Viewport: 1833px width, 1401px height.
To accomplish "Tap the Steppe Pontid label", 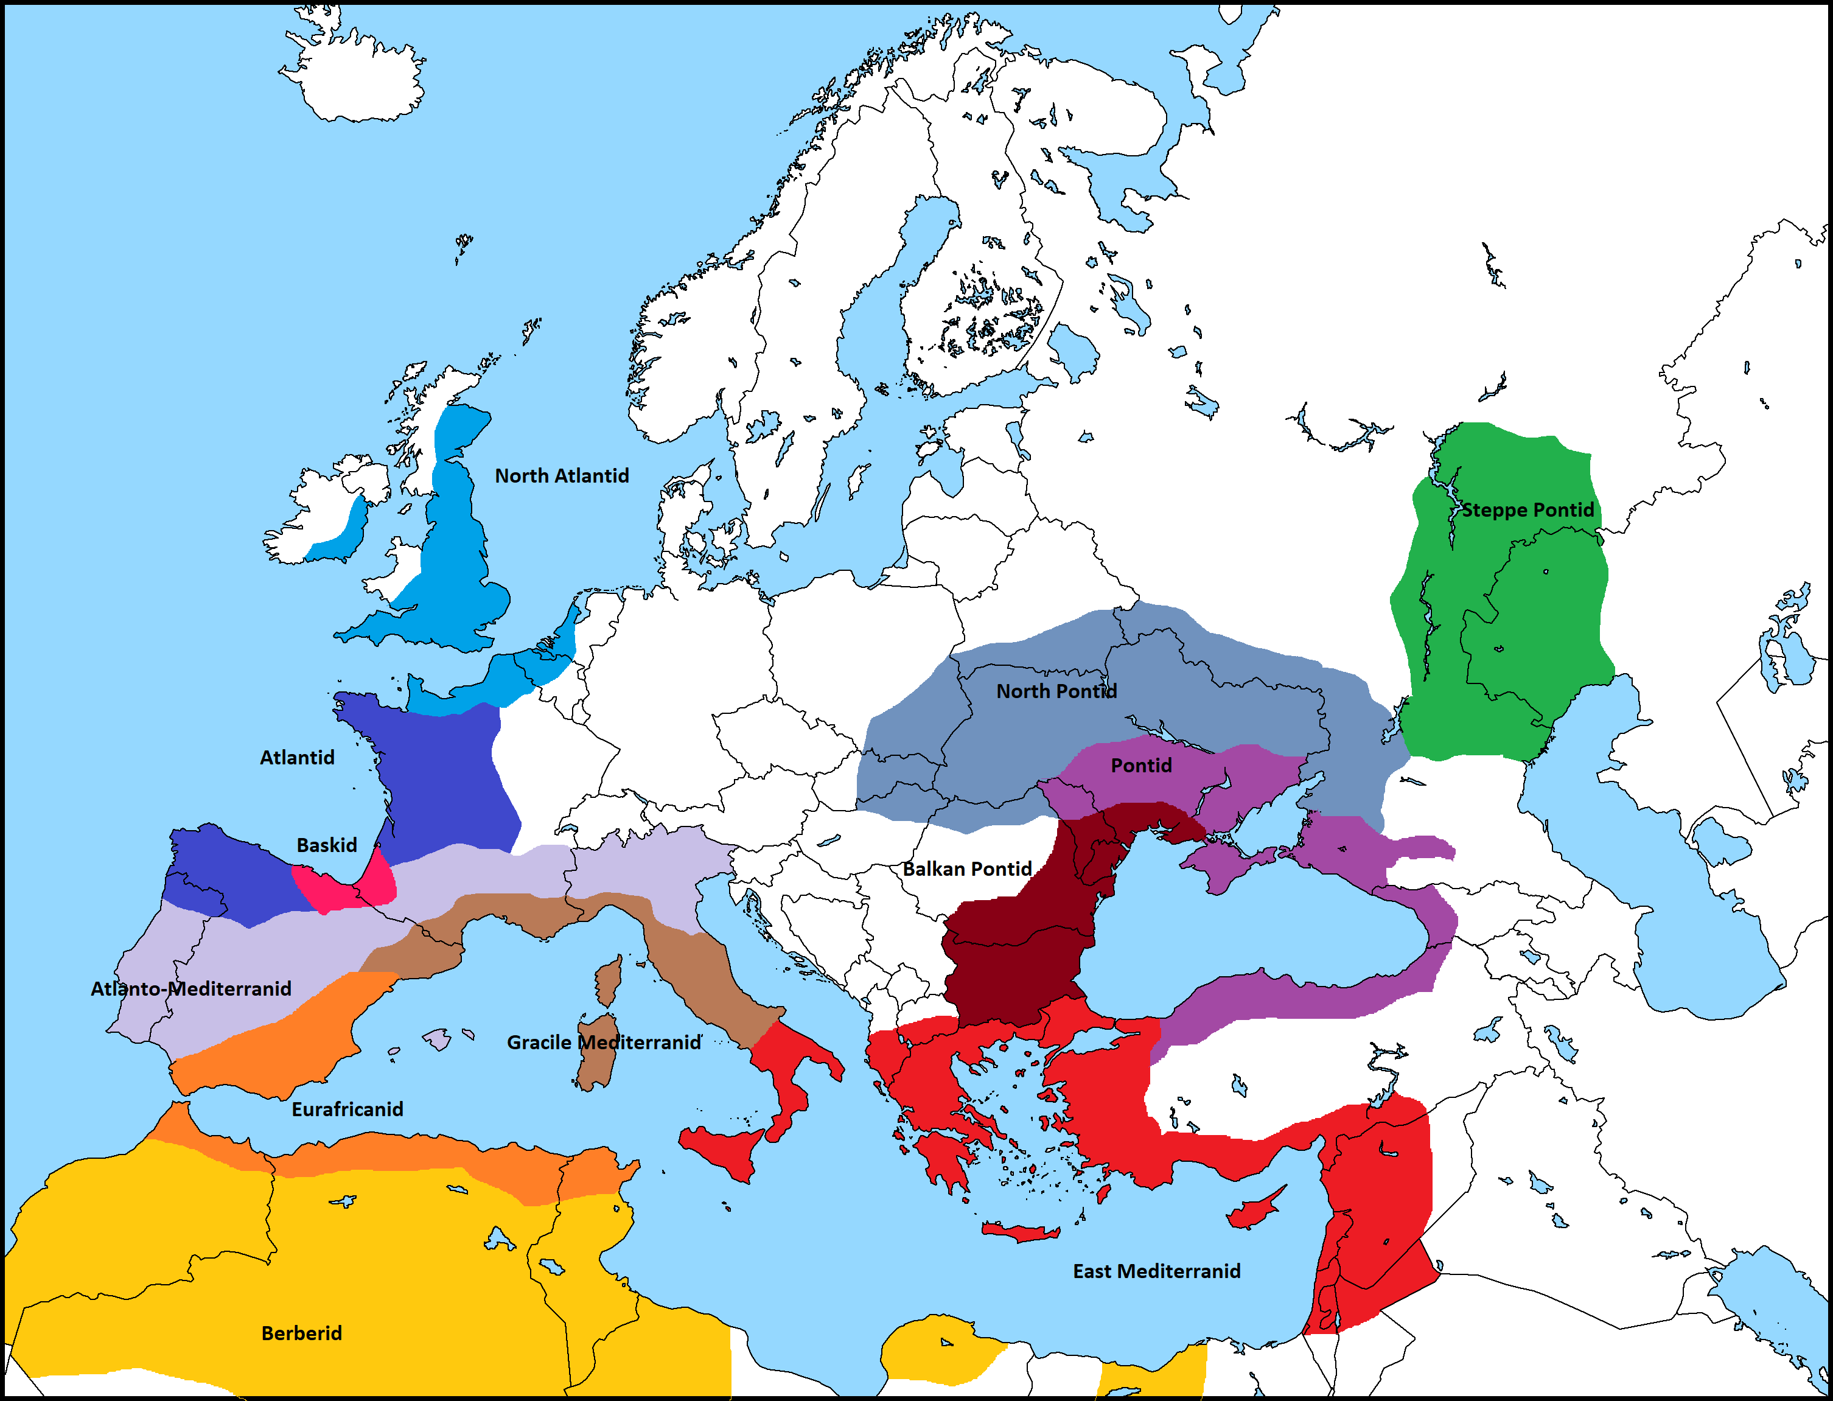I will click(x=1527, y=509).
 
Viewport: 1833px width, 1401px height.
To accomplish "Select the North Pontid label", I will click(x=1056, y=691).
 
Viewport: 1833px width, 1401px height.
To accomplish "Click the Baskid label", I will click(x=326, y=845).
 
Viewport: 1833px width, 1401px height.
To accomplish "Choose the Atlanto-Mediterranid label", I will click(x=191, y=988).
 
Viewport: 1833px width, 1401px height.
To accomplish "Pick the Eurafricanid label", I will click(x=347, y=1108).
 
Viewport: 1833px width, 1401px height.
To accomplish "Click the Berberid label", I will click(x=301, y=1333).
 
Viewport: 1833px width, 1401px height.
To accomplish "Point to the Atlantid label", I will click(x=297, y=757).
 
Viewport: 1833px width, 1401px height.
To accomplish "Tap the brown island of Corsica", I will click(x=609, y=980).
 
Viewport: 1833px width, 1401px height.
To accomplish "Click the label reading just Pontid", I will click(x=1141, y=765).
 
